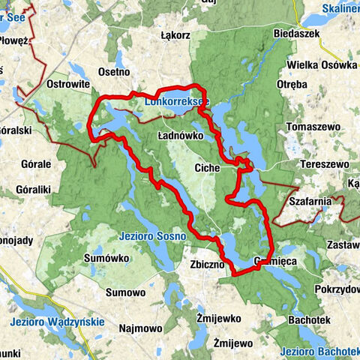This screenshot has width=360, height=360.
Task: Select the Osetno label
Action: click(114, 71)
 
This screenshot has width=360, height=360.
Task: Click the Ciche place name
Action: click(205, 168)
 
